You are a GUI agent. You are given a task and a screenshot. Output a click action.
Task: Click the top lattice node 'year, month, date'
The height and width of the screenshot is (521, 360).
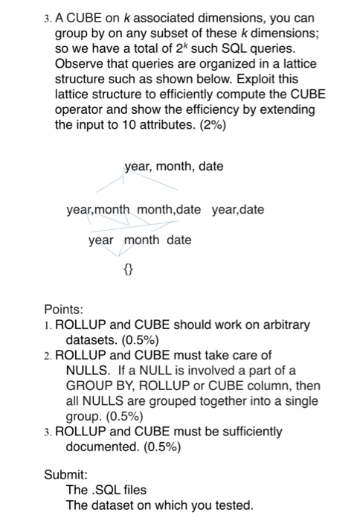(173, 167)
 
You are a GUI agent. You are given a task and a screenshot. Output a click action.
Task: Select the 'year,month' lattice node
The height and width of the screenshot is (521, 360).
(98, 210)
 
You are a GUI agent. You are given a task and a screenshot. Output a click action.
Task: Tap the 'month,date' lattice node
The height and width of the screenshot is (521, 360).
(168, 210)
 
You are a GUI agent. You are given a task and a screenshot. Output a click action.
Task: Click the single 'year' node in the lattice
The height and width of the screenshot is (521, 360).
(101, 240)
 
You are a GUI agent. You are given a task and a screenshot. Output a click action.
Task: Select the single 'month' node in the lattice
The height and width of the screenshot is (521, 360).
(141, 240)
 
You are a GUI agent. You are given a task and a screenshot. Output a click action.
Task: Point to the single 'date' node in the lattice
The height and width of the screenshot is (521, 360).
(179, 240)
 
